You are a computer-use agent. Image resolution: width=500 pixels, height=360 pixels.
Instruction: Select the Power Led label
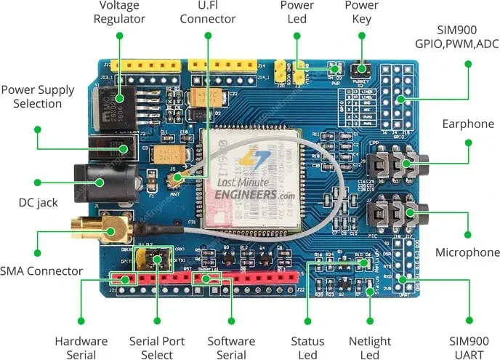(x=297, y=12)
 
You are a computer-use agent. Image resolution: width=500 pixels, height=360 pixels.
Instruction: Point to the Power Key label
(x=361, y=12)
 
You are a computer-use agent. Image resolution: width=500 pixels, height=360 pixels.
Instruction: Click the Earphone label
(x=467, y=124)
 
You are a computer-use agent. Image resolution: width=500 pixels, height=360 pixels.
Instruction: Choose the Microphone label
(x=467, y=252)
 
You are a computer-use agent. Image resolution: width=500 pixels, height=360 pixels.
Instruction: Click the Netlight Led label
(x=369, y=347)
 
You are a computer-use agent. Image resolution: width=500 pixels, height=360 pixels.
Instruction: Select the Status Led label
(x=307, y=347)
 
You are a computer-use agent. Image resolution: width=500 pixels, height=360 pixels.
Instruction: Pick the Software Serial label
(x=231, y=347)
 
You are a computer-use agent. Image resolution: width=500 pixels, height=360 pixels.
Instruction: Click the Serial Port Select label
(x=157, y=347)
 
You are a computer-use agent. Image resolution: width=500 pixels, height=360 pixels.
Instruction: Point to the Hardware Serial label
(x=81, y=347)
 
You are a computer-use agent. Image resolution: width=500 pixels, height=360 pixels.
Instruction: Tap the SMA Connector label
(x=41, y=271)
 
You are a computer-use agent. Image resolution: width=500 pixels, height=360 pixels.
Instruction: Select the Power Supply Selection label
(x=38, y=97)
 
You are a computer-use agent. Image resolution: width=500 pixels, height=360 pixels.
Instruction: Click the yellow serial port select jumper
(x=157, y=258)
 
